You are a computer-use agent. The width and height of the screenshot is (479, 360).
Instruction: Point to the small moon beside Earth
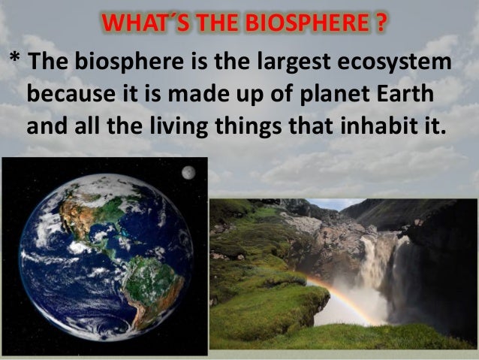[188, 172]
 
